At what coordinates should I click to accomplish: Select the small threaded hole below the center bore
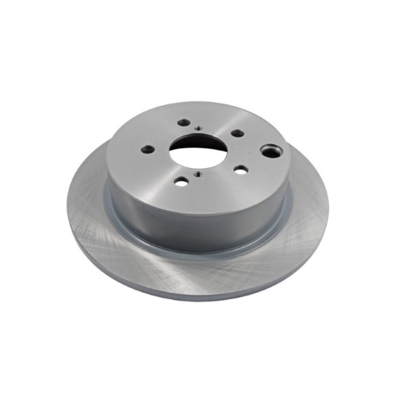point(196,174)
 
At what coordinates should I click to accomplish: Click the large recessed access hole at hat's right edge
point(271,151)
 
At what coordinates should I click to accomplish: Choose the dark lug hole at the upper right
point(237,133)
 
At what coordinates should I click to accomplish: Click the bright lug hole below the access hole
point(240,170)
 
